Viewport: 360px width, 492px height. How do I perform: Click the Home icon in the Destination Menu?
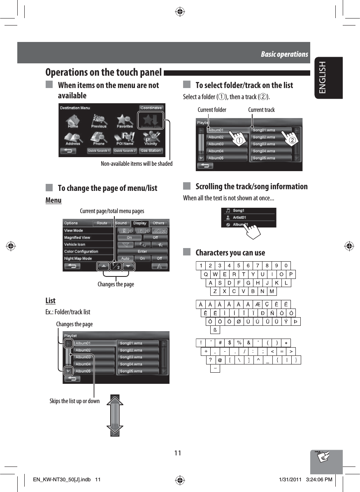coord(73,122)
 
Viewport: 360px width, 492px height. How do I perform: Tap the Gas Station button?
coord(151,151)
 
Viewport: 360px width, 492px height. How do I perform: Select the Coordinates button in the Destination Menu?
coord(151,108)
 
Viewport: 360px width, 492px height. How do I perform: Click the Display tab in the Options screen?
coord(140,223)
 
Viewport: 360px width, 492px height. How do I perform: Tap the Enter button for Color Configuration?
coord(142,251)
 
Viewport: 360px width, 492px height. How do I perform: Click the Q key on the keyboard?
coord(205,274)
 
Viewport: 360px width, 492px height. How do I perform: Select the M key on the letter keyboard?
coord(272,292)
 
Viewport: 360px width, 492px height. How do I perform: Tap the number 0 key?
coord(286,265)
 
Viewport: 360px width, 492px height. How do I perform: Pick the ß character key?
coord(215,330)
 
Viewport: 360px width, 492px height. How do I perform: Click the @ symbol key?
coord(220,360)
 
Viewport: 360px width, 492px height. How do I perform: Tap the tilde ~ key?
coord(215,369)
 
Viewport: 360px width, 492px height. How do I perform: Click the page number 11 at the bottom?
coord(177,453)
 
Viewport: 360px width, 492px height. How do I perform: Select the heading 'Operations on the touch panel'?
coord(103,73)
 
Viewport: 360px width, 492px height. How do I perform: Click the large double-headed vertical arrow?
coord(115,415)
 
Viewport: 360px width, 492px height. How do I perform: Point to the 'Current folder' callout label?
coord(212,110)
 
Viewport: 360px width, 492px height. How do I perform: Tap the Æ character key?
coord(258,305)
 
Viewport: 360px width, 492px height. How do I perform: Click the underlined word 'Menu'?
coord(53,200)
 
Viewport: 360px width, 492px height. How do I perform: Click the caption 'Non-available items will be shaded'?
coord(137,164)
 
